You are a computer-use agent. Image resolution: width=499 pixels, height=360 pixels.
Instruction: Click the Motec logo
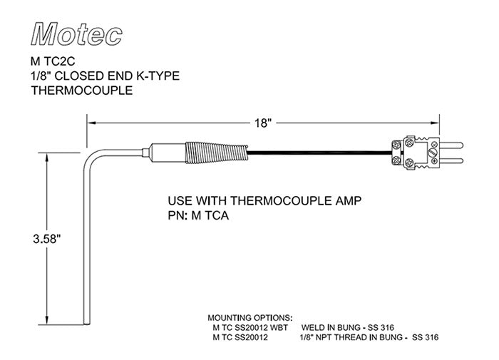click(78, 31)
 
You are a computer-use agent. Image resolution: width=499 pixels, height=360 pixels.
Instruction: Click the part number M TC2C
click(54, 62)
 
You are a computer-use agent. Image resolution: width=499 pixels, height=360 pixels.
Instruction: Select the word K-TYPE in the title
click(155, 77)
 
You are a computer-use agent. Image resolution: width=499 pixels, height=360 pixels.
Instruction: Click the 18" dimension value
click(263, 123)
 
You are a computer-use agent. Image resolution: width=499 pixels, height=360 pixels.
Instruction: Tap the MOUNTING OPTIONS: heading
click(249, 317)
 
